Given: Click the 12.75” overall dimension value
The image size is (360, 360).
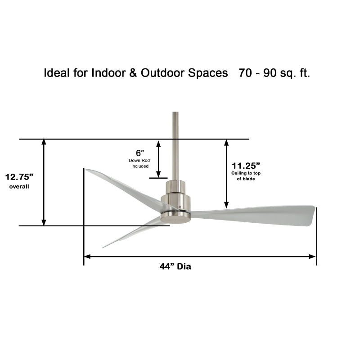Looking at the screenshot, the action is (x=19, y=177).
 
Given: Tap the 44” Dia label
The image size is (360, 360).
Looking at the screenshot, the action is (x=175, y=266).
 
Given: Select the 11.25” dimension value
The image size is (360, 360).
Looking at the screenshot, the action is (x=246, y=166).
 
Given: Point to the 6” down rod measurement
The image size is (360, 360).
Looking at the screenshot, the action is (x=140, y=153).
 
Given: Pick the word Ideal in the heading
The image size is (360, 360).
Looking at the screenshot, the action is (x=57, y=73).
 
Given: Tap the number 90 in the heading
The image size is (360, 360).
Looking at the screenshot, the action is (x=270, y=73).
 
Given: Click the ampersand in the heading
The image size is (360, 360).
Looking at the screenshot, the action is (x=133, y=73).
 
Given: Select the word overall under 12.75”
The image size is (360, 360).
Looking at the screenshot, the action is (x=19, y=186).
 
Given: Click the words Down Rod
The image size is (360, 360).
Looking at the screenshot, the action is (x=139, y=161).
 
